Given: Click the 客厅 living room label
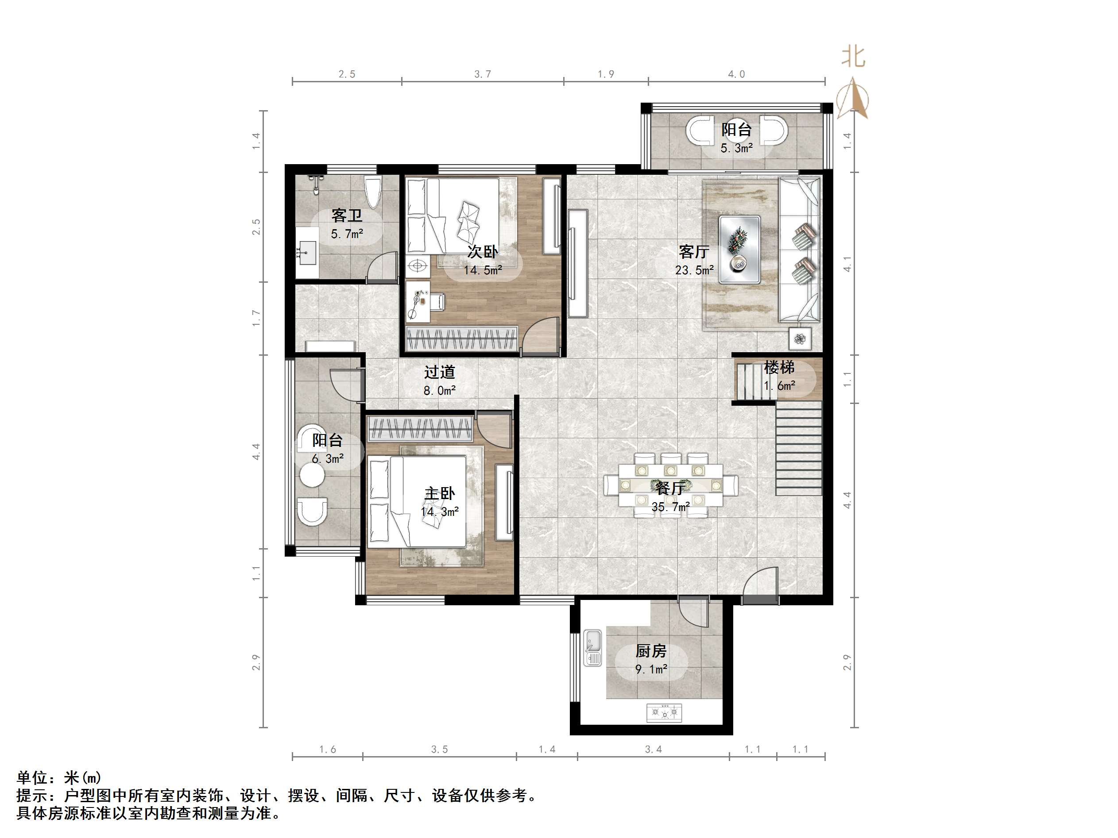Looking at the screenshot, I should (693, 252).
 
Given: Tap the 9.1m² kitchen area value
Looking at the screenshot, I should (651, 670).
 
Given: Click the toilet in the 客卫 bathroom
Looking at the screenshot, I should (372, 192).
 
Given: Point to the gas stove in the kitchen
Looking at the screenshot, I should (664, 713).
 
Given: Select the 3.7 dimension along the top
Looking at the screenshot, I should (482, 74).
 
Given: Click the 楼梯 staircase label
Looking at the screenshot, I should (779, 367).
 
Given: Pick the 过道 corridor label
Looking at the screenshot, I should (439, 372).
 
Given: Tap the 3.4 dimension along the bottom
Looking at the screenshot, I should (653, 750).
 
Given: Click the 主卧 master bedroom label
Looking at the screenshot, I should (439, 493).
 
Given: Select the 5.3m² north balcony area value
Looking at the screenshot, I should (736, 149).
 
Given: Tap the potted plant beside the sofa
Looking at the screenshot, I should (800, 339).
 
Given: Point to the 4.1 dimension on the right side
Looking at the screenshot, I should (847, 264).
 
